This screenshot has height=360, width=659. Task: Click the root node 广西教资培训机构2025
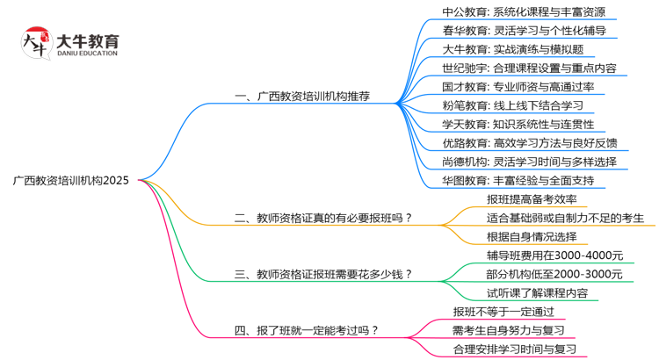coord(71,181)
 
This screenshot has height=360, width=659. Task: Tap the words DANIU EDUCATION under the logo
coord(86,54)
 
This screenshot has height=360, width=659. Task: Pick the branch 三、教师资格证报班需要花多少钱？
coord(324,274)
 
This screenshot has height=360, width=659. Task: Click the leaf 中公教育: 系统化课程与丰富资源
coord(524,12)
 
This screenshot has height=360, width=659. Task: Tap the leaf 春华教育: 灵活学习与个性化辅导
coord(524,31)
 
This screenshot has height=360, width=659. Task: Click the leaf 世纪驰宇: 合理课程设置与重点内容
coord(530,68)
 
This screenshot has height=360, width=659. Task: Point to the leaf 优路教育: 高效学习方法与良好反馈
coord(530,143)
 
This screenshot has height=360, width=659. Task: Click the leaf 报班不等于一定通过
coord(503,312)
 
